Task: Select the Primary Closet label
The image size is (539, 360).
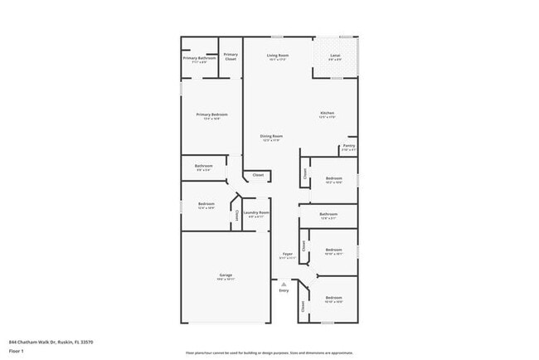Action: tap(231, 57)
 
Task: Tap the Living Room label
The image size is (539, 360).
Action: tap(277, 56)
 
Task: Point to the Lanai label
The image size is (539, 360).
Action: tap(335, 56)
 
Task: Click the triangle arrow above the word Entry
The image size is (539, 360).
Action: tap(284, 283)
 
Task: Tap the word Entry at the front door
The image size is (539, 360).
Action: tap(284, 290)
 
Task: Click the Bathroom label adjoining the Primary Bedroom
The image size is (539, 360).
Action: tap(204, 166)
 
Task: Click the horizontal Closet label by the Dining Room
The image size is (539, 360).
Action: tap(258, 175)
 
